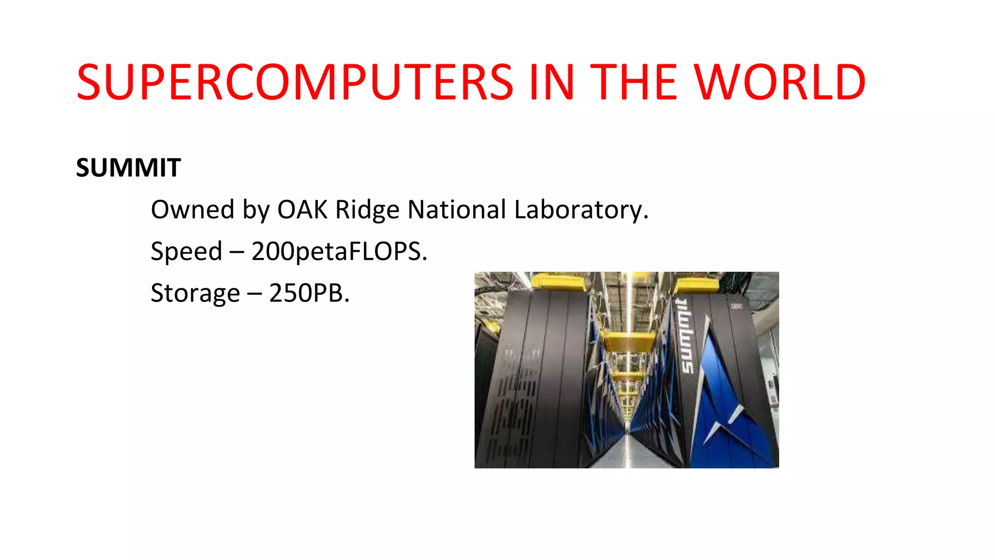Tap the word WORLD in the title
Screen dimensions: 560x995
point(780,83)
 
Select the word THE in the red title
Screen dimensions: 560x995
point(634,83)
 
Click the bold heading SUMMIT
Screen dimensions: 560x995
point(128,168)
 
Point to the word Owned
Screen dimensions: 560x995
point(192,210)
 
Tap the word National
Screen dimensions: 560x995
point(457,210)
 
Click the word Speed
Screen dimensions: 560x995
point(186,252)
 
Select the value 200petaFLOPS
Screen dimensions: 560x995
point(339,252)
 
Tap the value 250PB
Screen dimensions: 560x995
point(309,294)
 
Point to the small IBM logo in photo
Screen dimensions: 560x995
point(737,306)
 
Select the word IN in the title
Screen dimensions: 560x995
point(551,83)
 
